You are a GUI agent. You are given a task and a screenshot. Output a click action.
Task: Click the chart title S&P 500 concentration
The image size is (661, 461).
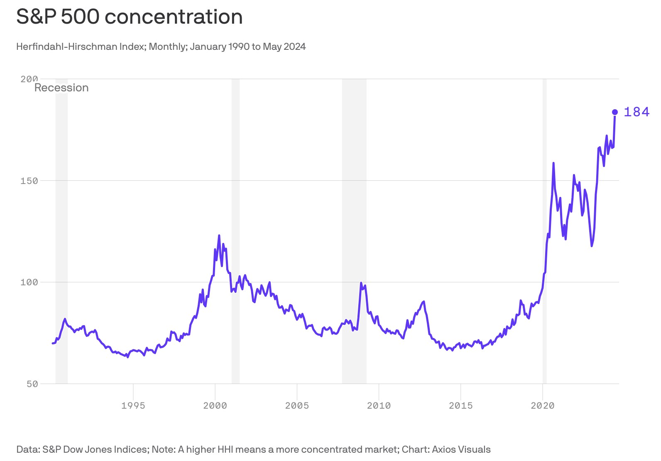pyautogui.click(x=129, y=17)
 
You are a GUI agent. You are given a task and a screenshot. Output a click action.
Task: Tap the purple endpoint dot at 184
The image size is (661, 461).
pyautogui.click(x=615, y=112)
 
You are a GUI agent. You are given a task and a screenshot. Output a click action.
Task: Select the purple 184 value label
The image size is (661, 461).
pyautogui.click(x=637, y=112)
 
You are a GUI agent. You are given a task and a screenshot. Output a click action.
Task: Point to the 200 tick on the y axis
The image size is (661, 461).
pyautogui.click(x=29, y=79)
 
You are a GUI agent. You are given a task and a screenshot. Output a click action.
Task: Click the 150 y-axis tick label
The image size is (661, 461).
pyautogui.click(x=29, y=181)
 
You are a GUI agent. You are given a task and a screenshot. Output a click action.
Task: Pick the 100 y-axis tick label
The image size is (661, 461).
pyautogui.click(x=29, y=282)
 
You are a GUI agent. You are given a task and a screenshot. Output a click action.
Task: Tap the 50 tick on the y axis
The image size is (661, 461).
pyautogui.click(x=32, y=384)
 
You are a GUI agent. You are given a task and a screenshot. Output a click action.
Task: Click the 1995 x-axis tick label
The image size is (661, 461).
pyautogui.click(x=133, y=406)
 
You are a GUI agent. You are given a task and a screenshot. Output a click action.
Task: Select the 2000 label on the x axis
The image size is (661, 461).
pyautogui.click(x=215, y=406)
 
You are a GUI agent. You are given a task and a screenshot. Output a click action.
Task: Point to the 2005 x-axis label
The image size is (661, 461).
pyautogui.click(x=297, y=406)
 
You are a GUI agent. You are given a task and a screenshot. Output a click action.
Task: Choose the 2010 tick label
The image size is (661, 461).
pyautogui.click(x=379, y=406)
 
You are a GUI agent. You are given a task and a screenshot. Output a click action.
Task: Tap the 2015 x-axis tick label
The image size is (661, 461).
pyautogui.click(x=460, y=406)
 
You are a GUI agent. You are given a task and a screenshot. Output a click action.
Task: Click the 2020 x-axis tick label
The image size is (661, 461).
pyautogui.click(x=542, y=406)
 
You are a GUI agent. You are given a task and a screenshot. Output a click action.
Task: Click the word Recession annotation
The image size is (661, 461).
pyautogui.click(x=61, y=88)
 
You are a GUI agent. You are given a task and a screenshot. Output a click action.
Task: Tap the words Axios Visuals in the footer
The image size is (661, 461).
pyautogui.click(x=461, y=449)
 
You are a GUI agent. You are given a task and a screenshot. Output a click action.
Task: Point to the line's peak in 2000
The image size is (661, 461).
pyautogui.click(x=219, y=235)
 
